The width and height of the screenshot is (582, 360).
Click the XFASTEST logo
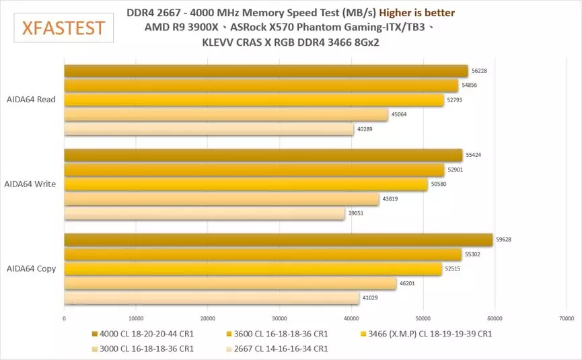[63, 28]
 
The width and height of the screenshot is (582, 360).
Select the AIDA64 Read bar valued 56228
[266, 71]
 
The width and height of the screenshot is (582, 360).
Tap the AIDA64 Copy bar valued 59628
[278, 240]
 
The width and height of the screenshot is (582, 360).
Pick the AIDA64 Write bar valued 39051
[205, 213]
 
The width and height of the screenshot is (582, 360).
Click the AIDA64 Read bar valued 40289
[209, 129]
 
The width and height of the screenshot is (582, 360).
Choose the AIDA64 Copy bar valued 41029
[211, 298]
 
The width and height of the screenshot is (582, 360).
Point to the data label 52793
[456, 100]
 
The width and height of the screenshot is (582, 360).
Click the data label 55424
[474, 155]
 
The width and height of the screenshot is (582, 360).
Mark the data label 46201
[408, 284]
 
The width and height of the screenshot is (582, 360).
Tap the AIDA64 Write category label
[30, 184]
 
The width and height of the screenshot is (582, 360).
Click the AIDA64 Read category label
[30, 100]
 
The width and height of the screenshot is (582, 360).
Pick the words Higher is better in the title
[416, 13]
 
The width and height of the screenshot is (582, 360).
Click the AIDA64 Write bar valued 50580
[246, 184]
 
